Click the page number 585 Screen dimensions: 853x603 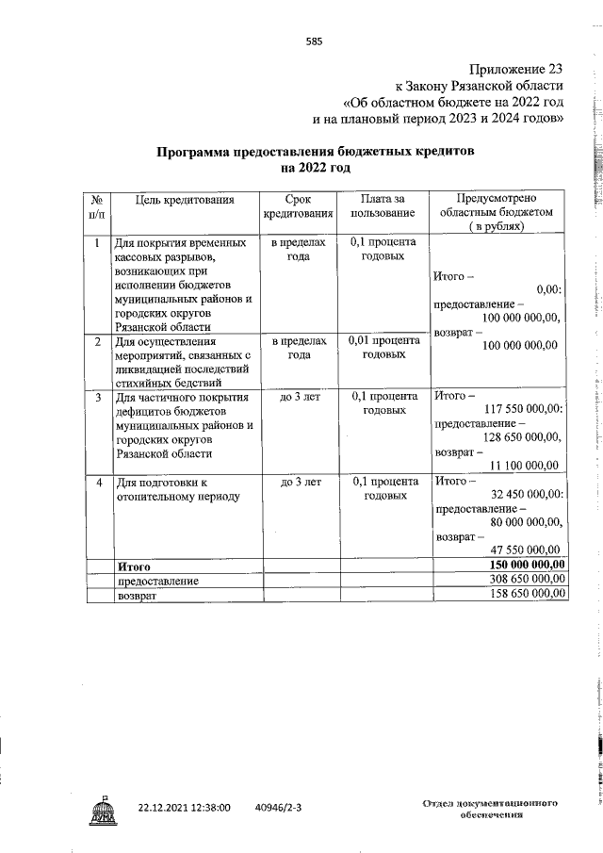pyautogui.click(x=314, y=41)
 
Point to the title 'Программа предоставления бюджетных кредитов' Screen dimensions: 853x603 pyautogui.click(x=315, y=152)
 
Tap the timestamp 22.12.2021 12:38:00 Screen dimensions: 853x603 pyautogui.click(x=184, y=781)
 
